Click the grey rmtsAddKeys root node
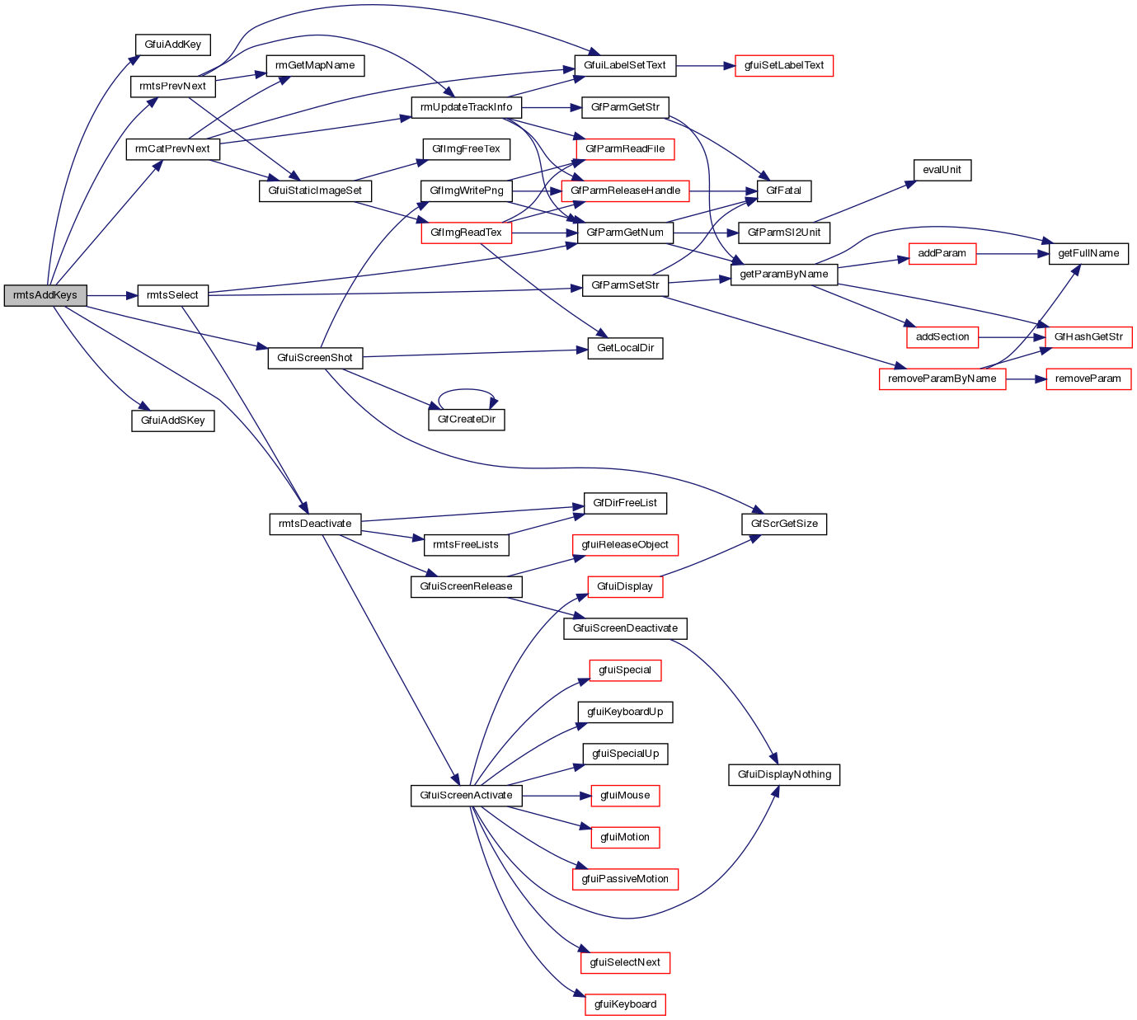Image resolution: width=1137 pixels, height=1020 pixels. coord(45,295)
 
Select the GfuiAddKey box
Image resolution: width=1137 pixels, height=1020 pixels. coord(172,45)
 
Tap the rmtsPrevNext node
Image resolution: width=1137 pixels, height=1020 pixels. coord(172,87)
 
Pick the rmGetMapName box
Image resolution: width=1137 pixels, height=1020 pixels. coord(315,66)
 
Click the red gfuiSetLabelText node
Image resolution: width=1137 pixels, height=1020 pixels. coord(784,66)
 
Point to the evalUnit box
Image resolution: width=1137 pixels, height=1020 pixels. coord(942,170)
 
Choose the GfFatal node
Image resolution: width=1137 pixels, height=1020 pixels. coord(783,190)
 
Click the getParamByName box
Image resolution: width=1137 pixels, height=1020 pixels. coord(783,275)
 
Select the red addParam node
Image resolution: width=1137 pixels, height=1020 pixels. coord(942,253)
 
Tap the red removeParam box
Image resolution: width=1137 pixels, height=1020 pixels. coord(1088,379)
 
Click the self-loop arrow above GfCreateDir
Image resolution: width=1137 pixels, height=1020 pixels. coord(467,391)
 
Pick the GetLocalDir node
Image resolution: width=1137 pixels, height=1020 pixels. coord(625,348)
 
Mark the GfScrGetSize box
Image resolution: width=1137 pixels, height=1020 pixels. coord(783,524)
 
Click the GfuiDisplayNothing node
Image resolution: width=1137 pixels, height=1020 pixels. coord(784,775)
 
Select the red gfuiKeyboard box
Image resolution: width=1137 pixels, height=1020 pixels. coord(625,1004)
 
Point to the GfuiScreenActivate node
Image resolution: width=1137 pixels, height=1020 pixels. coord(466,796)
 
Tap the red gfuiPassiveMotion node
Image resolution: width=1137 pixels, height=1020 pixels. coord(625,879)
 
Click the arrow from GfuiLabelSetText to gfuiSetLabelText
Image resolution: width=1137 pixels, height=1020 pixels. coord(705,66)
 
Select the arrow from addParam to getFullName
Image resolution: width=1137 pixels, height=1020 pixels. coord(1012,253)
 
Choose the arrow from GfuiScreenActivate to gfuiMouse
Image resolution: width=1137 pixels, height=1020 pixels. coord(557,796)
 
